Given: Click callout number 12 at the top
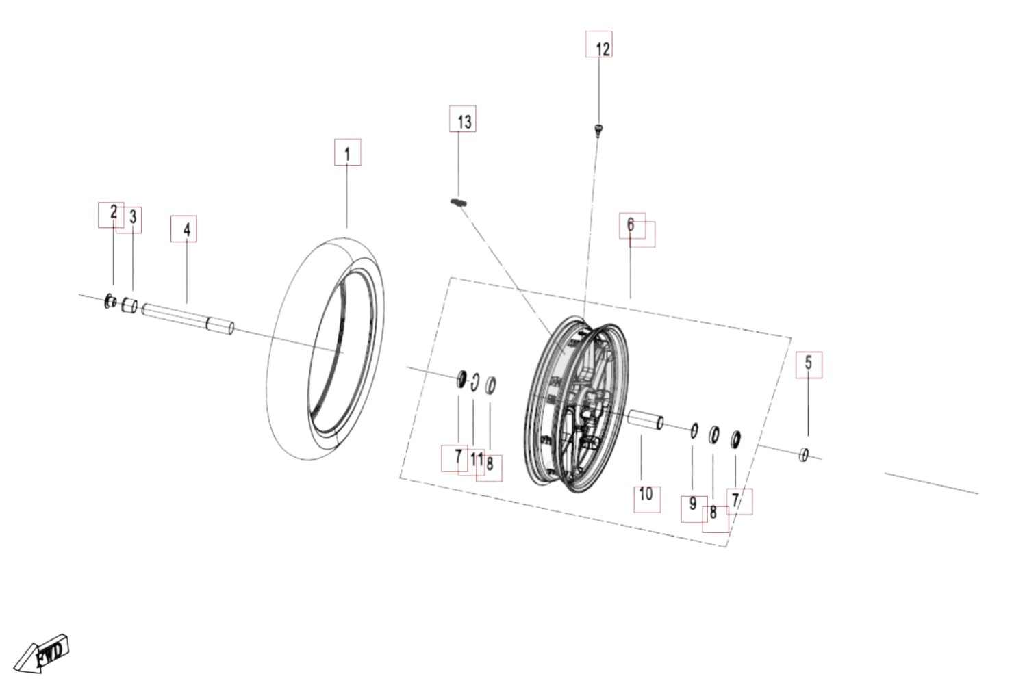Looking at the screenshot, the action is click(x=603, y=49).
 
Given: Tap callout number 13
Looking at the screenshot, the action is click(x=464, y=122).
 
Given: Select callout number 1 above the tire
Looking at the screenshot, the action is click(x=347, y=155).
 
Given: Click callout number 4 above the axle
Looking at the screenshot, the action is click(x=187, y=230).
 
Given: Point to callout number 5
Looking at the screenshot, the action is click(x=808, y=363).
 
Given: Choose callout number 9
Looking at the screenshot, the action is click(x=693, y=504).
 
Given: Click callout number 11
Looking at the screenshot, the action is click(x=477, y=458).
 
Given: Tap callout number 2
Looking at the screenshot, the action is click(x=114, y=211).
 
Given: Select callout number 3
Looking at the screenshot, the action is click(x=133, y=217).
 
